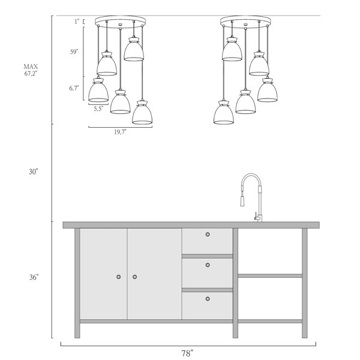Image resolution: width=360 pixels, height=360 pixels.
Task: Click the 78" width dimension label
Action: point(187,353)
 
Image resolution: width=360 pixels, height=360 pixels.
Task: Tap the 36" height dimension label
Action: point(34,277)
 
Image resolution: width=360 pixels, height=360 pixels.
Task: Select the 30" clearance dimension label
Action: point(33,172)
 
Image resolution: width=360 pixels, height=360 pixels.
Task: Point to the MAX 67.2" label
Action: point(31,70)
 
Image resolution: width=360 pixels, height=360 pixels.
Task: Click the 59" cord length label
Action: point(74,52)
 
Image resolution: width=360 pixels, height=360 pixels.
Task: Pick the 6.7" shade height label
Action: point(74,88)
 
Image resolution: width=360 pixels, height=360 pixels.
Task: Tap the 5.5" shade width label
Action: point(98,109)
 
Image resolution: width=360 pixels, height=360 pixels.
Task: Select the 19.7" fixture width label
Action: point(121,132)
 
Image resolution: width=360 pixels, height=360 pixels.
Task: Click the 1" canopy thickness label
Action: point(77,22)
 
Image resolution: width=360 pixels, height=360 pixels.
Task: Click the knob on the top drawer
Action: point(208,235)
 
